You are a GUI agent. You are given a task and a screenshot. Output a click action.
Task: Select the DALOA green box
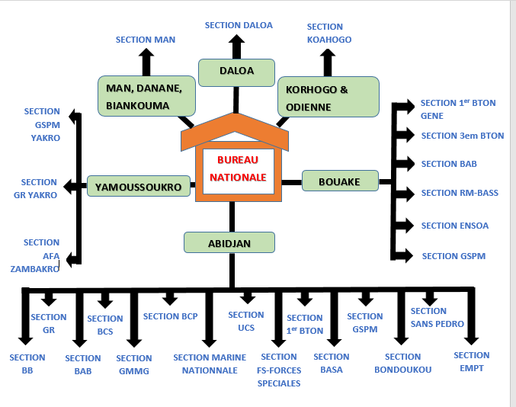236,72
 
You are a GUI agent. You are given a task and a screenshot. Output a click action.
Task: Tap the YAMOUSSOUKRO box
139,186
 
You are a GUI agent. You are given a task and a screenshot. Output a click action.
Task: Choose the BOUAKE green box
341,181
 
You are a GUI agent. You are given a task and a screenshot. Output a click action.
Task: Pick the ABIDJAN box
229,242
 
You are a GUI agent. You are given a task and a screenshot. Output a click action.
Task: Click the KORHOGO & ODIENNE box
328,97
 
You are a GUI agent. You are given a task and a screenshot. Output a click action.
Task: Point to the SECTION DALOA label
239,25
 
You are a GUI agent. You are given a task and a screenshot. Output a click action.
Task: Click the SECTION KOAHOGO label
329,33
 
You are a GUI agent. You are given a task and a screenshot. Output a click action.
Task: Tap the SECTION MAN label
145,39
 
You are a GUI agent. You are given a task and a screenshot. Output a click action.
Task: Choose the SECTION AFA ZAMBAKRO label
35,256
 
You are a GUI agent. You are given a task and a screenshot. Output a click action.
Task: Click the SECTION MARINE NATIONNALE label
210,364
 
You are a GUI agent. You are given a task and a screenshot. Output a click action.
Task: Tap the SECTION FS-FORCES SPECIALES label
280,370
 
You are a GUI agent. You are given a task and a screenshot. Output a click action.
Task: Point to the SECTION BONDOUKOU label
402,363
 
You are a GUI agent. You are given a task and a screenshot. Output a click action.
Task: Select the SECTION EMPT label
471,361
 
